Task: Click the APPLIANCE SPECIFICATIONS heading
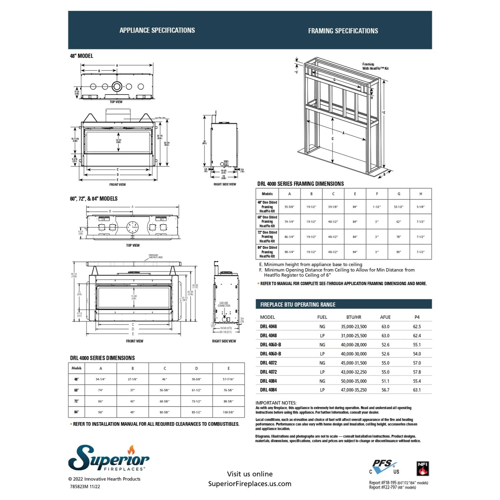click(157, 30)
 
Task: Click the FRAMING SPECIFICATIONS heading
click(343, 31)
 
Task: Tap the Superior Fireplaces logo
click(109, 458)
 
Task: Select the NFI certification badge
click(422, 469)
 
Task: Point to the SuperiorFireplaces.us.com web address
click(249, 484)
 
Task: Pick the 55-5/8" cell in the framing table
click(289, 207)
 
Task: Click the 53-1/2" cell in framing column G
click(399, 207)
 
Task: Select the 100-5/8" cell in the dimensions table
click(228, 412)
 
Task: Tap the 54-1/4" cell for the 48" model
click(101, 379)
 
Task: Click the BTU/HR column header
click(354, 317)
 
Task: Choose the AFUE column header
click(385, 317)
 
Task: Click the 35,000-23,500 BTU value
click(354, 327)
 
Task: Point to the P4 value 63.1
click(417, 390)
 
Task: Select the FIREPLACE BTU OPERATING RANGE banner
click(298, 304)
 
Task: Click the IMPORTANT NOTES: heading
click(276, 403)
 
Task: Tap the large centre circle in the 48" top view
click(117, 87)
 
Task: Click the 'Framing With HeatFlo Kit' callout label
click(375, 66)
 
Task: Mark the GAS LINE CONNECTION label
click(224, 304)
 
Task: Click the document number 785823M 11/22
click(85, 487)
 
